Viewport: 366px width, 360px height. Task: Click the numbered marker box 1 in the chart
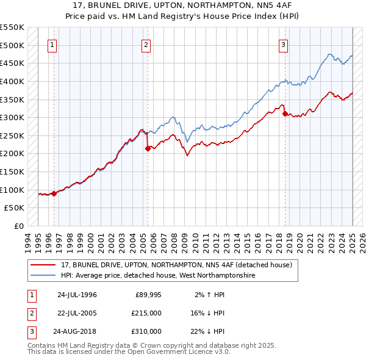(x=52, y=44)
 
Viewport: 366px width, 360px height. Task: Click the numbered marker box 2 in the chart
(x=146, y=44)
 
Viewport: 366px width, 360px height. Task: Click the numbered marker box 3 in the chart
(x=284, y=44)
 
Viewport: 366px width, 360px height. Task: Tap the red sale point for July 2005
(x=148, y=148)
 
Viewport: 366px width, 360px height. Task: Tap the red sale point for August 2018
(x=285, y=113)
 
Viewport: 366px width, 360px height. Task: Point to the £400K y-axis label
(x=12, y=81)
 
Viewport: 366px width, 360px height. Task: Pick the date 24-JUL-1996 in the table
(x=77, y=295)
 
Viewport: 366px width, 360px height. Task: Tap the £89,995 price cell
(x=148, y=295)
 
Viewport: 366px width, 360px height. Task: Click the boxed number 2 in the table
(x=30, y=313)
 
